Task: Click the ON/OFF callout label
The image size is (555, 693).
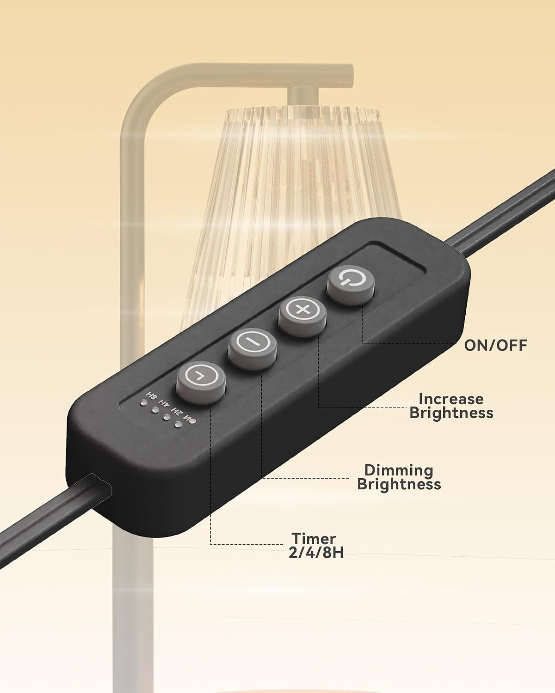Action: [496, 345]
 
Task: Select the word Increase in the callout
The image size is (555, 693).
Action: [451, 399]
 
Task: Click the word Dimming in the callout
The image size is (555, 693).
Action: [399, 470]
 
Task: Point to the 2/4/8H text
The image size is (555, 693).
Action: [316, 553]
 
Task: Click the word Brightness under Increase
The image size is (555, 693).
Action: [451, 413]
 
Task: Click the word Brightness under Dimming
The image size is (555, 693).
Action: [399, 485]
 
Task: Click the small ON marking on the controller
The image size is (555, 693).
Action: [190, 419]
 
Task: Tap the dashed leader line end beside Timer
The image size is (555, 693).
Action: [283, 545]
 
